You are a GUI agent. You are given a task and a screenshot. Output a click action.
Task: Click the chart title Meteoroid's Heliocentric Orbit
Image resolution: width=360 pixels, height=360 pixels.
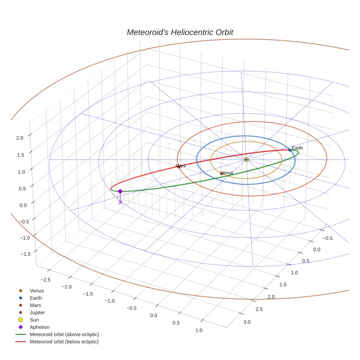[x=180, y=32]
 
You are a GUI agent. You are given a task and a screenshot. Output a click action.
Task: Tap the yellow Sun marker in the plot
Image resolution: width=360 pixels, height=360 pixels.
[x=246, y=160]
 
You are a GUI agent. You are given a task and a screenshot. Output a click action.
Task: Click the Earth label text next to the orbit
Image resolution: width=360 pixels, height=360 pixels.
[x=297, y=148]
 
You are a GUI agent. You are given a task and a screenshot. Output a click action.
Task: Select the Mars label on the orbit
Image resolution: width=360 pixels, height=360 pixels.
[x=180, y=166]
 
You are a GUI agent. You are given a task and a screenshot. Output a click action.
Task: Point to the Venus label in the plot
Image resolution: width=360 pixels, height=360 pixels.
[x=227, y=173]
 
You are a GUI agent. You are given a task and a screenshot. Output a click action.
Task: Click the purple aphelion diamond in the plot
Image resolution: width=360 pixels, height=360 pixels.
[x=120, y=191]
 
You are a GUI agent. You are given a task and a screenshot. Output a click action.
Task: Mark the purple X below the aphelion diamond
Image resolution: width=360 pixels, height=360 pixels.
[x=120, y=202]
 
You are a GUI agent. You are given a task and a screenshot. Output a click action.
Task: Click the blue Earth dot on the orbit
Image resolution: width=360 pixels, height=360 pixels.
[x=290, y=150]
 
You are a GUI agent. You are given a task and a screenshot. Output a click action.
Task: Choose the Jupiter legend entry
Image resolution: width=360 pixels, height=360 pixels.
[x=37, y=312]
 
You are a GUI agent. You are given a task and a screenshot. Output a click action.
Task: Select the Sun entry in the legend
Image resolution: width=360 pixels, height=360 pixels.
[x=34, y=320]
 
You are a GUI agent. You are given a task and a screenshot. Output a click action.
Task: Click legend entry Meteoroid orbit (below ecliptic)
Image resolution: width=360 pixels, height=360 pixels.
[x=64, y=342]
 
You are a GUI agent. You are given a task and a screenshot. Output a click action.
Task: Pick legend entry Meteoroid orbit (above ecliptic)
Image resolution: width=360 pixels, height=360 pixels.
[x=64, y=334]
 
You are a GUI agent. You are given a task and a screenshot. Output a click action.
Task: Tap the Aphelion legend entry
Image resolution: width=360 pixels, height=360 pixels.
[x=39, y=327]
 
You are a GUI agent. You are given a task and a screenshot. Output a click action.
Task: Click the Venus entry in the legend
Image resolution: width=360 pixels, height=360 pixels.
[x=37, y=290]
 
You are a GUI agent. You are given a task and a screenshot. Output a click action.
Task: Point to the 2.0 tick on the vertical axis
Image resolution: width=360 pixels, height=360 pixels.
[x=19, y=138]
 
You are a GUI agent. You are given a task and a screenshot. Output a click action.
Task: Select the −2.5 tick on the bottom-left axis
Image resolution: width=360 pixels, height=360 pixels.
[x=45, y=280]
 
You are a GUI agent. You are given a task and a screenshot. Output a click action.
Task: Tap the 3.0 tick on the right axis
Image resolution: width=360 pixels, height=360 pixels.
[x=247, y=322]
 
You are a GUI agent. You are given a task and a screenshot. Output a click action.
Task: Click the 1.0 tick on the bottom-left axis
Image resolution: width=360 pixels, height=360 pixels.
[x=199, y=330]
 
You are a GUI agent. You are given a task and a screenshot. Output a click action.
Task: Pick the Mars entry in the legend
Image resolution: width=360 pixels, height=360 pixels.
[x=35, y=305]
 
